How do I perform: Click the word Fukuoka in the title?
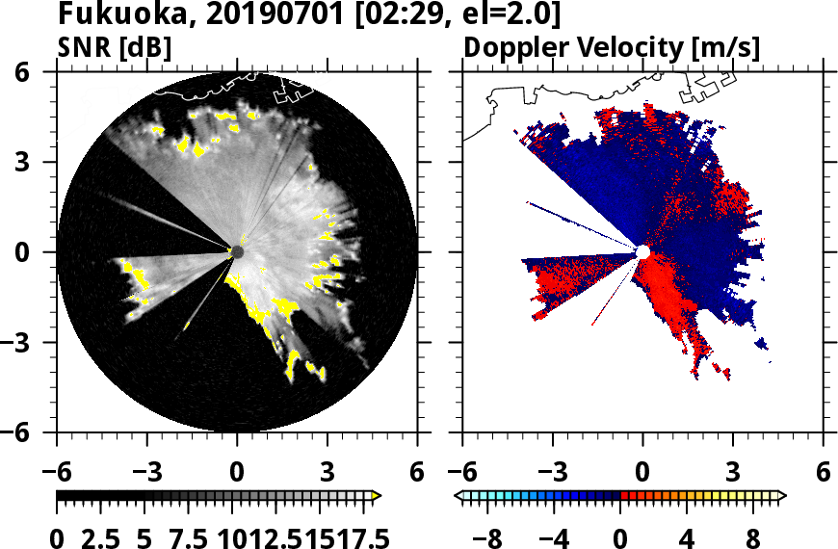[x=110, y=15]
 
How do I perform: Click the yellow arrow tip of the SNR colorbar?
[x=377, y=496]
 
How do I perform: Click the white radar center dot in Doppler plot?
[x=642, y=251]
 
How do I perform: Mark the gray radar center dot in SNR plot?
[x=237, y=251]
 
